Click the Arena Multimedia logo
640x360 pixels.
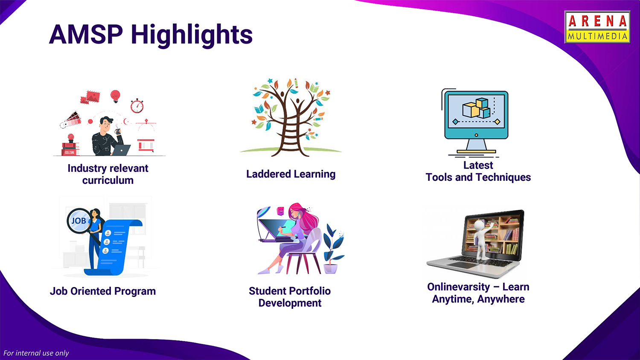(597, 27)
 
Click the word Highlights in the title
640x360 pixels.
(192, 35)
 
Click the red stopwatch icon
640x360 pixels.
(137, 106)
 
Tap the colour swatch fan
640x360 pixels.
(70, 119)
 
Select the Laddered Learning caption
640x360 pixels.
(291, 174)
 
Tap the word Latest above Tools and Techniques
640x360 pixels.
(478, 165)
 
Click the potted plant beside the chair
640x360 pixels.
(332, 249)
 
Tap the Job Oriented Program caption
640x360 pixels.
(103, 291)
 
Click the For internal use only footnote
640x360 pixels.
(36, 353)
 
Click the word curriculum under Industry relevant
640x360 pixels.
(108, 180)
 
